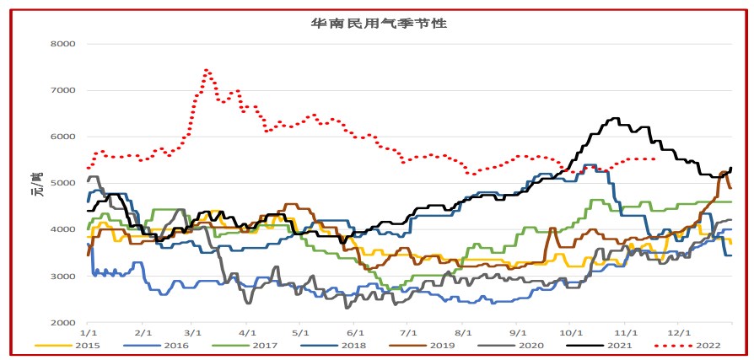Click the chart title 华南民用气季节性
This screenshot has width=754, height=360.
pyautogui.click(x=378, y=23)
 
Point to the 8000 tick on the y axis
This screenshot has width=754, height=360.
pyautogui.click(x=62, y=44)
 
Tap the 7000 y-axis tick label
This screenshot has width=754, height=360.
pyautogui.click(x=62, y=90)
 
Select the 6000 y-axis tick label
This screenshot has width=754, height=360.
pyautogui.click(x=62, y=137)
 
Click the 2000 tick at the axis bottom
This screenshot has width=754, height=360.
pyautogui.click(x=62, y=323)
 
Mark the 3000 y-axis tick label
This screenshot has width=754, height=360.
pyautogui.click(x=62, y=277)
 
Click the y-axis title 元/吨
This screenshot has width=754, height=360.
pyautogui.click(x=37, y=184)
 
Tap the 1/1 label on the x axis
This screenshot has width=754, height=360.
pyautogui.click(x=87, y=334)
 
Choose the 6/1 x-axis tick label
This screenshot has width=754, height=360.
pyautogui.click(x=354, y=334)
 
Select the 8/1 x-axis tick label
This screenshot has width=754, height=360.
pyautogui.click(x=463, y=334)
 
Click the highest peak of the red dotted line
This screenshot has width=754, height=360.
pyautogui.click(x=207, y=70)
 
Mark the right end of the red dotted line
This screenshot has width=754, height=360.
pyautogui.click(x=655, y=159)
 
